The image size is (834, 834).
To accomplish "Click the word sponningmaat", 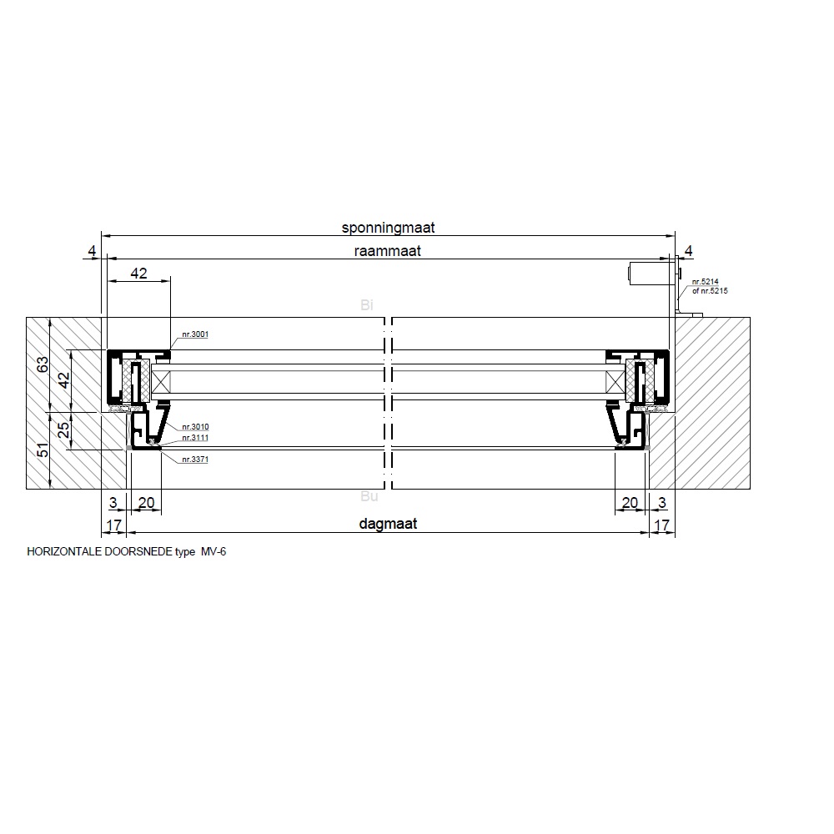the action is point(388,228).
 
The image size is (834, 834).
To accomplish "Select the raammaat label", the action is point(387,251).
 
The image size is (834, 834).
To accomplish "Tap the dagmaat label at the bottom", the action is point(388,524).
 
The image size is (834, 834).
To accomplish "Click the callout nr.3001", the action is point(195,334).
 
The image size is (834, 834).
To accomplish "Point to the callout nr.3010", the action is point(195,427).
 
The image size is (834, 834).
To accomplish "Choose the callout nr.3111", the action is point(195,438).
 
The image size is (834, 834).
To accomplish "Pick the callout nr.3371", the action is point(195,460).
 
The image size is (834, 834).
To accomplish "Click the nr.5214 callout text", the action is point(705,282).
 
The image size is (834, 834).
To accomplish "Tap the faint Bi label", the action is point(366,304).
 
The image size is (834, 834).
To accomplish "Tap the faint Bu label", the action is point(369,496).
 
